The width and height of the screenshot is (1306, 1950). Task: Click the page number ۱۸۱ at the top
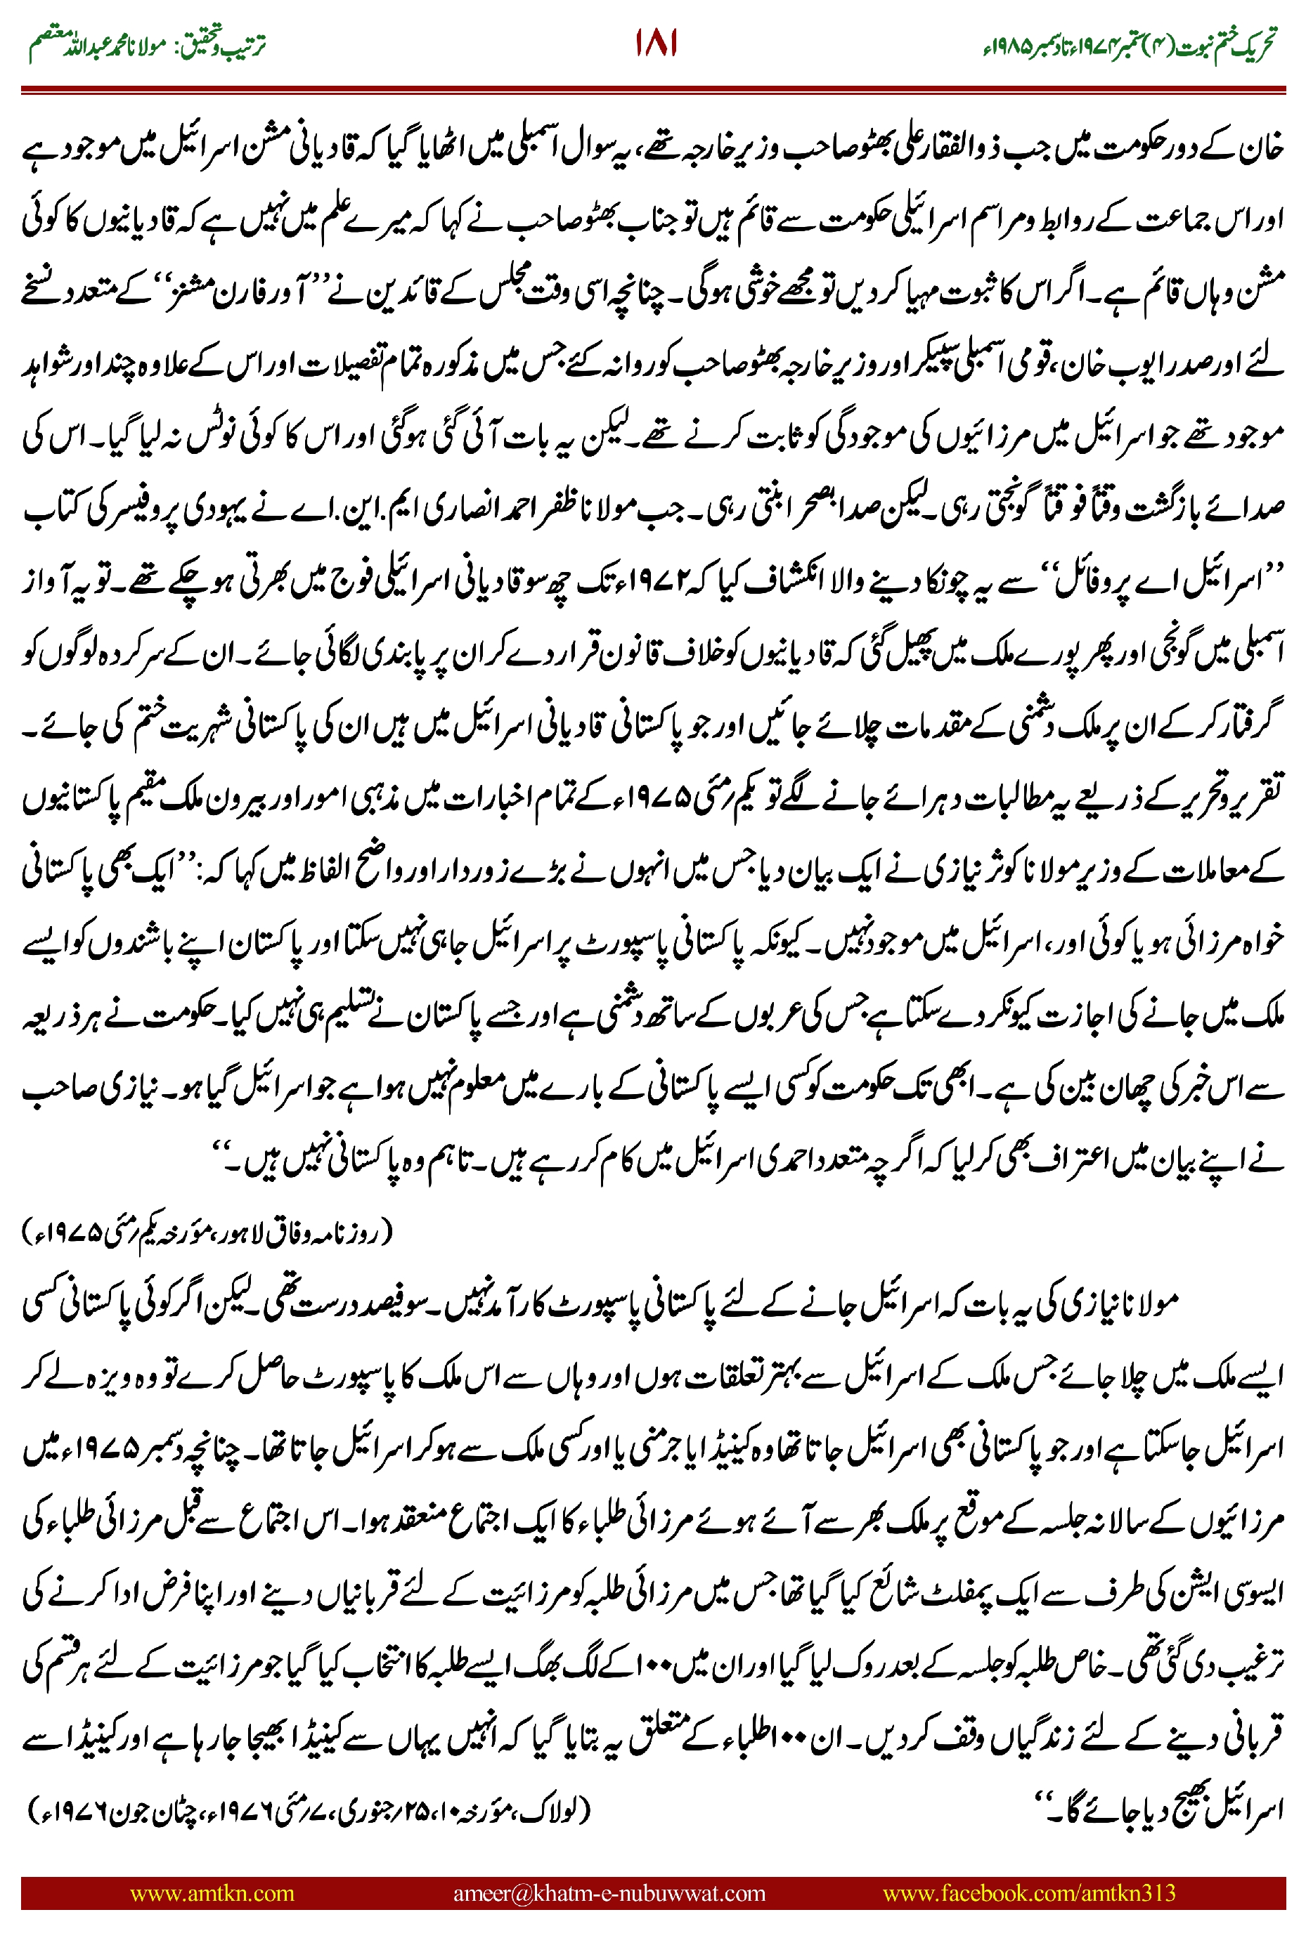[656, 44]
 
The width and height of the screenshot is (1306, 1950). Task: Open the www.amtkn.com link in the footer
[212, 1892]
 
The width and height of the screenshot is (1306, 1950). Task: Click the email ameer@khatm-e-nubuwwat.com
[609, 1892]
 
